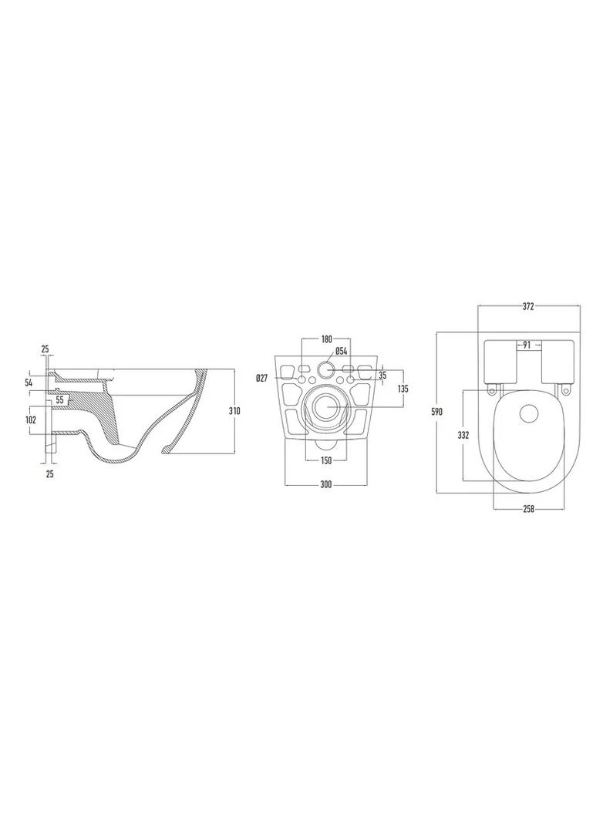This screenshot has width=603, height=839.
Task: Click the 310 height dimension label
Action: pos(234,411)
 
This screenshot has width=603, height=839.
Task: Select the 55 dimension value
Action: pos(59,399)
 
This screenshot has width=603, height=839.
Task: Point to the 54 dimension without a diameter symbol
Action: pos(29,382)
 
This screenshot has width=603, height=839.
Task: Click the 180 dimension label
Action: pos(326,339)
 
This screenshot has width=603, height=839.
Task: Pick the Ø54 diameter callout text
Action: pos(342,352)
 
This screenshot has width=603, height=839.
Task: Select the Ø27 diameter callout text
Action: pos(261,379)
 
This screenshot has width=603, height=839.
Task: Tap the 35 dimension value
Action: pos(382,376)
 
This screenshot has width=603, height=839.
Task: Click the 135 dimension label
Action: pos(403,389)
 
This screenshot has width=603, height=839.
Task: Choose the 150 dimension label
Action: pos(326,460)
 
